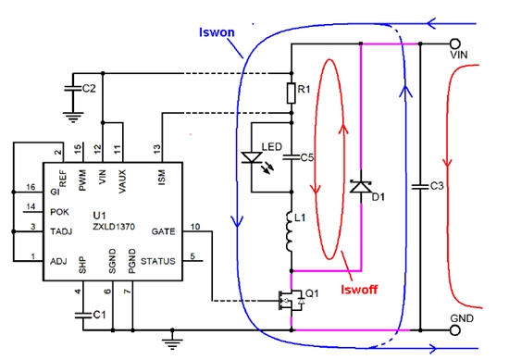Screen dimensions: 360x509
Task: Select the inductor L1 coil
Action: click(x=291, y=231)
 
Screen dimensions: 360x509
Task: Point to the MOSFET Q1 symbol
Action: click(x=283, y=299)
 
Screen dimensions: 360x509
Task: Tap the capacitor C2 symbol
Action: click(x=68, y=89)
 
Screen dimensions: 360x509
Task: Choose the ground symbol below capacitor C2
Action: click(x=68, y=116)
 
